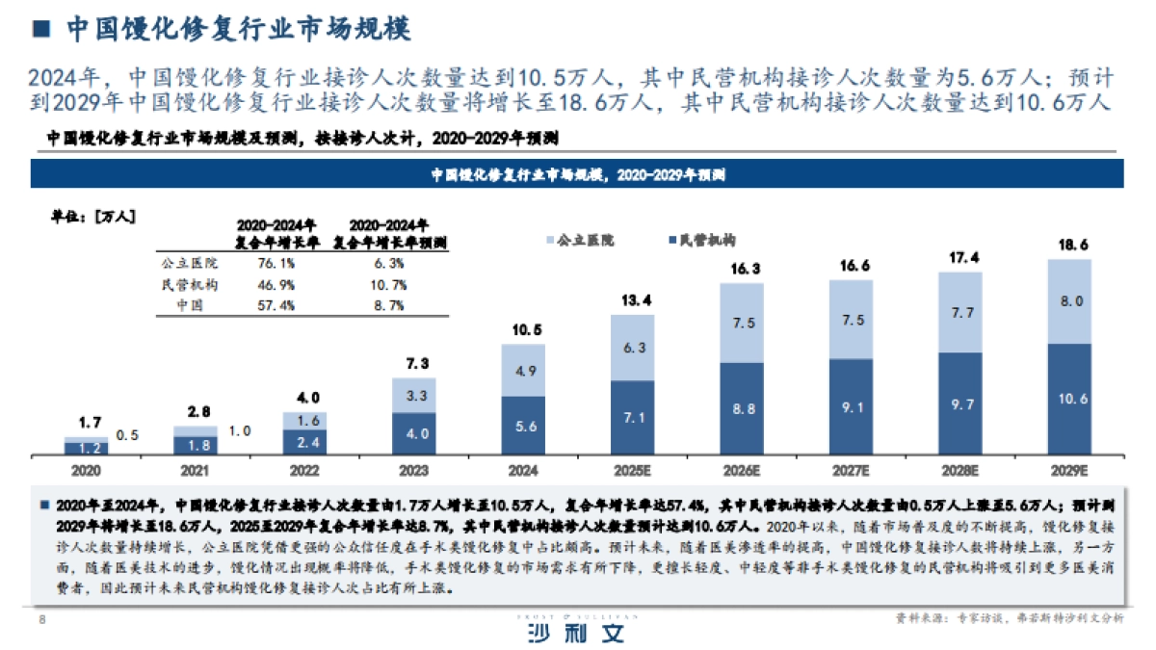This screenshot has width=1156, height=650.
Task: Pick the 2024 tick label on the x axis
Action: click(523, 471)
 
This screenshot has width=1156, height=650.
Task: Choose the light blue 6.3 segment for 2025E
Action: click(633, 348)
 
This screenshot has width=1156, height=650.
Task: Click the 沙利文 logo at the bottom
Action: click(577, 632)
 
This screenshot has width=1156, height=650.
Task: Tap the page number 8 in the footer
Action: click(41, 619)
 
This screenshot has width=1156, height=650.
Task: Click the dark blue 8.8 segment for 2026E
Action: click(742, 408)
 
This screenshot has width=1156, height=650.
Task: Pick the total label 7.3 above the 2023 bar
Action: click(413, 362)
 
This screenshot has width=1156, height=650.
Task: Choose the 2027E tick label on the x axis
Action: click(851, 471)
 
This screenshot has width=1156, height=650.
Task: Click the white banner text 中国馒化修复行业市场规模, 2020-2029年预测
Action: click(577, 175)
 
